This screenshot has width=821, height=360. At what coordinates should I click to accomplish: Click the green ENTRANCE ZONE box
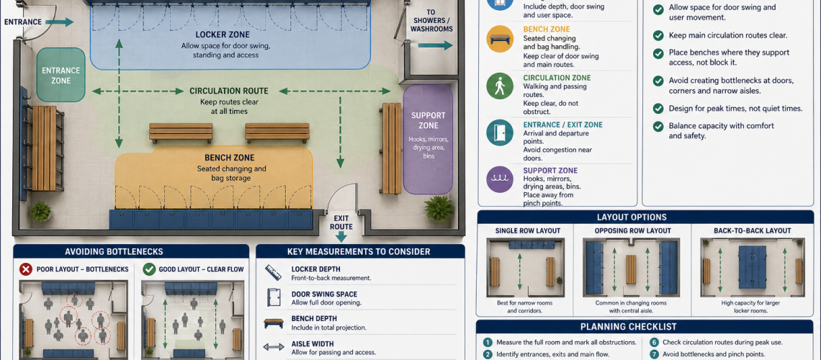60,76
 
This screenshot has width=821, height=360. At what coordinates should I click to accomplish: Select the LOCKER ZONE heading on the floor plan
223,34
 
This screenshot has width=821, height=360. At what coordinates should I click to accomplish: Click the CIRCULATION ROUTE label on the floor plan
228,91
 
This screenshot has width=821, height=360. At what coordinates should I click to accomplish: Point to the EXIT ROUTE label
341,222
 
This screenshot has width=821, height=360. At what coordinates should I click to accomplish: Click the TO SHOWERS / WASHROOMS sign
431,21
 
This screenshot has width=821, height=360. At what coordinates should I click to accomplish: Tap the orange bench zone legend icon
499,39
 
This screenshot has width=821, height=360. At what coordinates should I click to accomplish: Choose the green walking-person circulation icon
499,86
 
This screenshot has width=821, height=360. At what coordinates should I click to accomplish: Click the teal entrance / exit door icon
499,132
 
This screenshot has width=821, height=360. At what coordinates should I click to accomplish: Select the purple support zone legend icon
499,179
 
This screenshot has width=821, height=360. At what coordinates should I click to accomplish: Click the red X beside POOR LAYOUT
25,269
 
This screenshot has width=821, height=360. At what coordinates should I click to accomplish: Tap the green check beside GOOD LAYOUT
149,269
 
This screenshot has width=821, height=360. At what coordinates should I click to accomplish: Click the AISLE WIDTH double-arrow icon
274,348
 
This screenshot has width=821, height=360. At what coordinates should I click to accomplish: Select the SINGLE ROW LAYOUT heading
527,231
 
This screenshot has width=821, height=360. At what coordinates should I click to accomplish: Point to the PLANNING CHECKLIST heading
647,327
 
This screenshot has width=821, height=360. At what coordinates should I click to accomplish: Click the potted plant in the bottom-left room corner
40,211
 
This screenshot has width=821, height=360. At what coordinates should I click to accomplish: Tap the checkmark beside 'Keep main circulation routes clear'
658,35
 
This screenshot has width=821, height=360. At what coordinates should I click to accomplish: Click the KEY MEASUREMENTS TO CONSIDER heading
359,251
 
